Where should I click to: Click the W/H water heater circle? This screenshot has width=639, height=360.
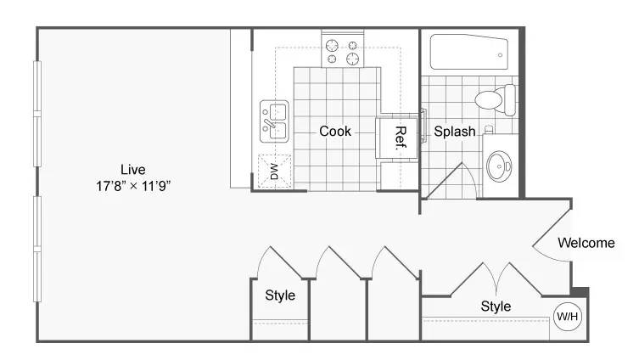tap(567, 316)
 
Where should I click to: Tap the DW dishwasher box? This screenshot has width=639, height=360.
tap(275, 172)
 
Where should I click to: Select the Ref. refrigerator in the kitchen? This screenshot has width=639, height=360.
tap(397, 138)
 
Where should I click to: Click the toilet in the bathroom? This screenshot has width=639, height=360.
tap(495, 100)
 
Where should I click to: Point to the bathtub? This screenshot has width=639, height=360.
tap(469, 52)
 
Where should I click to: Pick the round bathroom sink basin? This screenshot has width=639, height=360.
tap(499, 166)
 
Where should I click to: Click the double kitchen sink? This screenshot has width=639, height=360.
tap(274, 121)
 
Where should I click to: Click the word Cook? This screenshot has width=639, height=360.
tap(335, 132)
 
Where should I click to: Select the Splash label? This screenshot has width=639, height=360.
tap(454, 132)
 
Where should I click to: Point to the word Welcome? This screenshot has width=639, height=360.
tap(586, 243)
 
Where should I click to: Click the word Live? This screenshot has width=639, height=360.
tap(133, 169)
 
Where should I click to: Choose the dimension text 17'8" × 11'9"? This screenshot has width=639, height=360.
tap(133, 186)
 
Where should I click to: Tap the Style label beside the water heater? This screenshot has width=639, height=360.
tap(496, 307)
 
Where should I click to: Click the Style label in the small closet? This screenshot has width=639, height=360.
tap(280, 295)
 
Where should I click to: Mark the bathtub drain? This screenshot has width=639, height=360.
tap(500, 55)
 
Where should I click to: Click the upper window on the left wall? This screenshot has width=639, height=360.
tap(37, 113)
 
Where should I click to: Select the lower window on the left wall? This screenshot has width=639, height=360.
tap(37, 249)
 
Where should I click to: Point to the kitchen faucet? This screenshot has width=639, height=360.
tap(269, 123)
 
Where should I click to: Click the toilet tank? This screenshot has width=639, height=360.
tap(510, 100)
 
